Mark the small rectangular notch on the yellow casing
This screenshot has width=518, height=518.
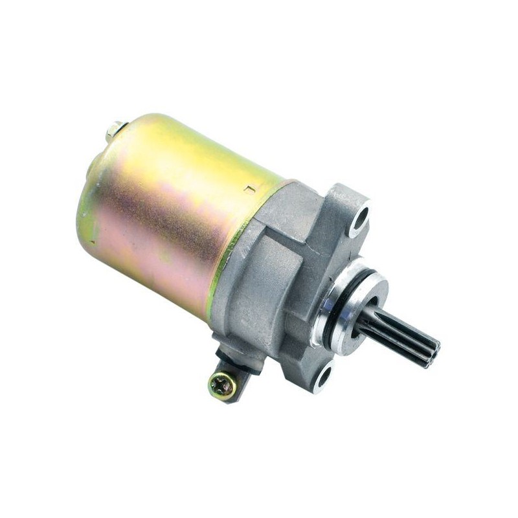click(x=249, y=190)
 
